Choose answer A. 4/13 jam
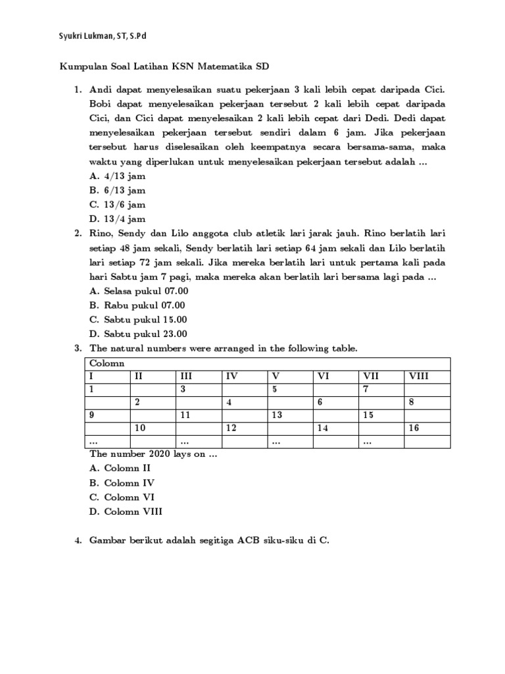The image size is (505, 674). point(117,176)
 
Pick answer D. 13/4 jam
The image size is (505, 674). point(117,219)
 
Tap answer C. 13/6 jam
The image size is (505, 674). point(117,205)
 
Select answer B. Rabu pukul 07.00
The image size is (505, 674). point(137,305)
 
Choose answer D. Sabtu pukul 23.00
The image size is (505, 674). point(138,333)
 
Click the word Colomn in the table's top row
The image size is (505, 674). point(107,363)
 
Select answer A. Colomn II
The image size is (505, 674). point(120,468)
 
